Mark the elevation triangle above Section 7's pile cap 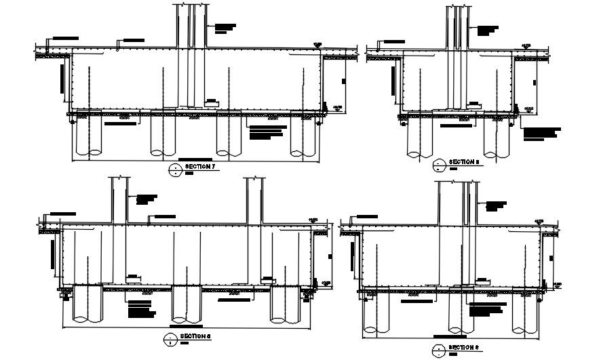click(317, 45)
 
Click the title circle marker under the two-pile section click(438, 164)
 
